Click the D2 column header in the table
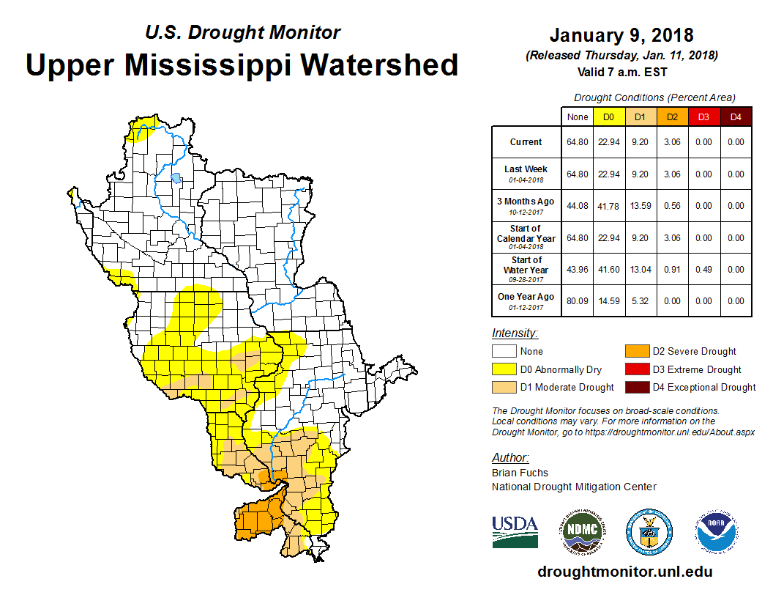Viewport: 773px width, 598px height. point(672,117)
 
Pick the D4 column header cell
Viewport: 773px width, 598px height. point(736,117)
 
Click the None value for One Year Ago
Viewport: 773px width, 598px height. point(577,300)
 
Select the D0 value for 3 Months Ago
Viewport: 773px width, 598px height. point(609,206)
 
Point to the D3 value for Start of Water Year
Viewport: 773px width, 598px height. point(703,270)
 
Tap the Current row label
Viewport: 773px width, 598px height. point(526,142)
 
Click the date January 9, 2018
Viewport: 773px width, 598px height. point(621,35)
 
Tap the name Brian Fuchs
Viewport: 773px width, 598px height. point(520,473)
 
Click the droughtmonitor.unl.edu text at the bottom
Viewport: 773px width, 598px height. point(624,572)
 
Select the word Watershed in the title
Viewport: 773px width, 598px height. point(381,64)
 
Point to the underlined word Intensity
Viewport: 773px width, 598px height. point(515,333)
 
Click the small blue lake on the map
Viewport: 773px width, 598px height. point(176,177)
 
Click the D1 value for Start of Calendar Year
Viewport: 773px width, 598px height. point(641,238)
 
